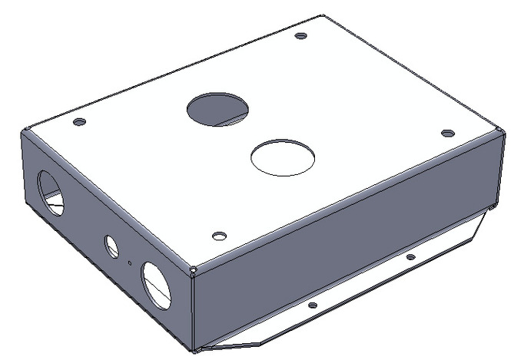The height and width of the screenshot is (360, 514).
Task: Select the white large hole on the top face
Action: [x=283, y=157]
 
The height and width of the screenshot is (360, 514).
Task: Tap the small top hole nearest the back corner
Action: [x=301, y=35]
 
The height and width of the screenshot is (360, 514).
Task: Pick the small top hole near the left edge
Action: [x=79, y=121]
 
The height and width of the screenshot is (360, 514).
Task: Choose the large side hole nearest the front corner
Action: [x=157, y=283]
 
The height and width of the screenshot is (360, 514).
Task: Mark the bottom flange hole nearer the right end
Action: [x=410, y=257]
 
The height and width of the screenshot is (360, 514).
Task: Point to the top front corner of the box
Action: [x=192, y=269]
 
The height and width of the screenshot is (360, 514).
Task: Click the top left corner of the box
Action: [x=25, y=131]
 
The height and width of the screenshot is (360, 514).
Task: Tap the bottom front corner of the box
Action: [x=194, y=350]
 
